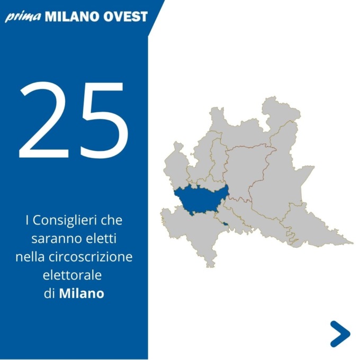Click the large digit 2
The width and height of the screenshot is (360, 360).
[44, 120]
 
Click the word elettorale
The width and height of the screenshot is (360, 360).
[72, 275]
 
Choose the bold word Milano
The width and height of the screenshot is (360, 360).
[82, 293]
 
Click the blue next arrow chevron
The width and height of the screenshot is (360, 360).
[340, 334]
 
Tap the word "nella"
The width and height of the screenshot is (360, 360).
[30, 257]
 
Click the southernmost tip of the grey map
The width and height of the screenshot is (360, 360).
[210, 267]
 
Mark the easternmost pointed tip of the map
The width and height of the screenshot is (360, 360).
[353, 243]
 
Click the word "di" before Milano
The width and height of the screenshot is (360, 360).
[49, 293]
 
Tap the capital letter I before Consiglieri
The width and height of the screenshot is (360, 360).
[28, 220]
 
